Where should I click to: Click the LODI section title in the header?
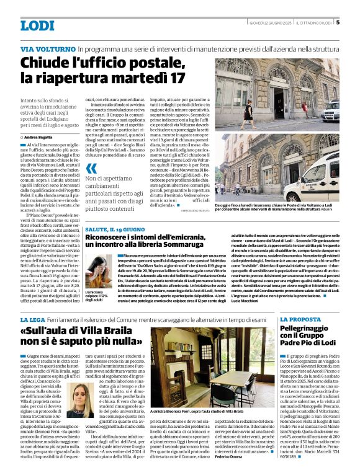(x=37, y=25)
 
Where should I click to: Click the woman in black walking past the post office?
(x=248, y=110)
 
